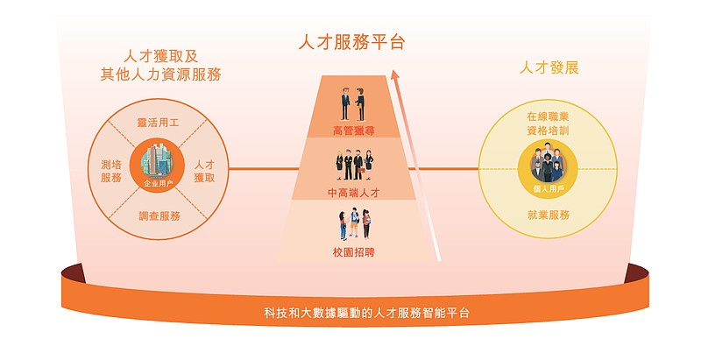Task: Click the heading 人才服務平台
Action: click(x=352, y=42)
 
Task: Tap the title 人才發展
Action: click(x=549, y=68)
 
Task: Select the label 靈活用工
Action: click(x=158, y=123)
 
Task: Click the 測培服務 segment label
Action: click(x=111, y=171)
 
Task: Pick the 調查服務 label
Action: click(x=159, y=216)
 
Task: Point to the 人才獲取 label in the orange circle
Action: click(x=204, y=171)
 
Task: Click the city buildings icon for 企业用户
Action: click(x=157, y=162)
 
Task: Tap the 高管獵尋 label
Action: click(x=354, y=131)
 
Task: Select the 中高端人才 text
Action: click(x=354, y=193)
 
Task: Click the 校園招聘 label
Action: click(x=354, y=252)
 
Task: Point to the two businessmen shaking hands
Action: click(x=353, y=105)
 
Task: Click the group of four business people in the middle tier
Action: click(x=355, y=166)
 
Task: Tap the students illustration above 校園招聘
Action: click(x=355, y=223)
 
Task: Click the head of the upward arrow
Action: click(x=395, y=74)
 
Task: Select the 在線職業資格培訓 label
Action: click(x=548, y=124)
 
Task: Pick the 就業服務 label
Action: click(x=549, y=215)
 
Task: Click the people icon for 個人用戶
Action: click(x=548, y=164)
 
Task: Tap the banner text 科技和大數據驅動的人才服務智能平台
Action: click(x=366, y=313)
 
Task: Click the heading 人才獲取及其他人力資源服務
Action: click(x=161, y=65)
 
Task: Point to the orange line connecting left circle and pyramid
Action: click(x=264, y=169)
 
